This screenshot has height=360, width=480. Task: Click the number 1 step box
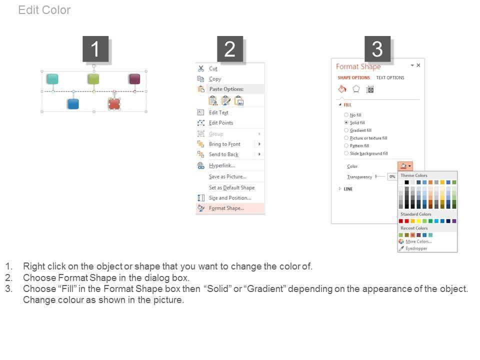click(95, 49)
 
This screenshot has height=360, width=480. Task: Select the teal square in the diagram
click(52, 78)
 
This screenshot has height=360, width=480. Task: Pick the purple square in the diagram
click(134, 78)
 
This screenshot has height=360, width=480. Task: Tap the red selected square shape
click(114, 104)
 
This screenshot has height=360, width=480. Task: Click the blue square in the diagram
click(73, 104)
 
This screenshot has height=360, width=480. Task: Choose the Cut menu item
click(213, 69)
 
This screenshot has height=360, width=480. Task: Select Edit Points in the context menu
click(221, 123)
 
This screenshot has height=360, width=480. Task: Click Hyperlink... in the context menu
click(222, 165)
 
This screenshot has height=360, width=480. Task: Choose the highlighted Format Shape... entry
click(226, 208)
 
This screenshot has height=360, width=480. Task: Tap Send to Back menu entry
click(224, 154)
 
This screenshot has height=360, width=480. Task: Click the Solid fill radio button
click(346, 122)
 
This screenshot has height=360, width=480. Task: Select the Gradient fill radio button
click(346, 130)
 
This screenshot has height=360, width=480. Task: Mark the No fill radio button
click(346, 115)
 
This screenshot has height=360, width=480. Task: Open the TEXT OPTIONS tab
click(390, 78)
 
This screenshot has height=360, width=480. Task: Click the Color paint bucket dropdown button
click(405, 166)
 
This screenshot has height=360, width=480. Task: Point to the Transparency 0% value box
click(392, 176)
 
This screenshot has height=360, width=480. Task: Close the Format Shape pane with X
click(418, 65)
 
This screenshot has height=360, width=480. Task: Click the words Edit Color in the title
click(44, 10)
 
